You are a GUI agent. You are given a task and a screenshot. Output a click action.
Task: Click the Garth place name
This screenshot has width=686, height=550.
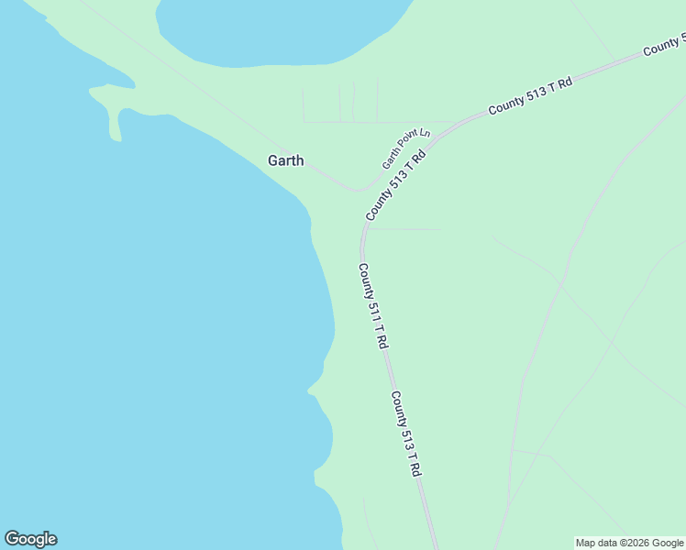(x=285, y=160)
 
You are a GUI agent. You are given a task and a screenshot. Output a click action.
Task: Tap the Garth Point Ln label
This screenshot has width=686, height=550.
(x=405, y=149)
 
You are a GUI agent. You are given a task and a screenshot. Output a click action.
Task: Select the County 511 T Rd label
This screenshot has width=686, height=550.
(x=372, y=305)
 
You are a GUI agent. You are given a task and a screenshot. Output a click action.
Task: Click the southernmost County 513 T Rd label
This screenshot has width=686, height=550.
(x=405, y=434)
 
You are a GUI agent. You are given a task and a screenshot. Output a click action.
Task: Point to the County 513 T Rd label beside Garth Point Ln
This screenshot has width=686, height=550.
(x=396, y=186)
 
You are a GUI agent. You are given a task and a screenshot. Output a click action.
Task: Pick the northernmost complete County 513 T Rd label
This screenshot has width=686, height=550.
(x=530, y=95)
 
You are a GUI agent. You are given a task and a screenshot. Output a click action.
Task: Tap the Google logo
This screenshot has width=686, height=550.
(x=30, y=539)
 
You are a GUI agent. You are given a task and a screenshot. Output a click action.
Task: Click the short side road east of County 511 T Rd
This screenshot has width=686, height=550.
(x=404, y=229)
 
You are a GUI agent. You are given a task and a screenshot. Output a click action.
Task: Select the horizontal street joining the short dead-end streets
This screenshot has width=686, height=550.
(x=376, y=122)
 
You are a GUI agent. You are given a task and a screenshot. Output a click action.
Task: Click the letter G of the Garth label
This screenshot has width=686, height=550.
(x=272, y=160)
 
